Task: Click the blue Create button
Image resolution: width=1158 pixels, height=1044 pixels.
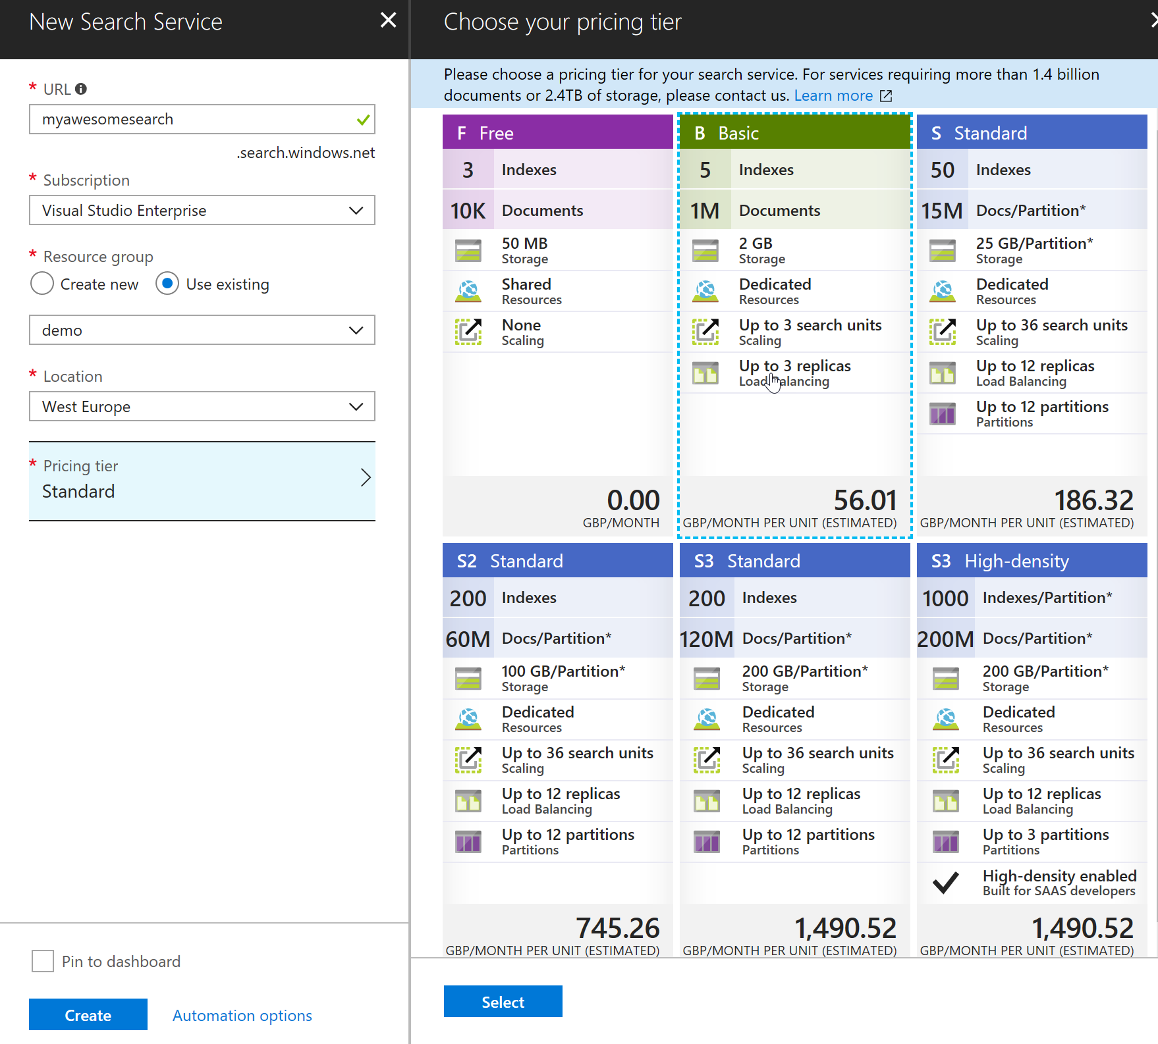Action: click(x=88, y=1014)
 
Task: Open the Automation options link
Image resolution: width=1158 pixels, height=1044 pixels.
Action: click(x=242, y=1015)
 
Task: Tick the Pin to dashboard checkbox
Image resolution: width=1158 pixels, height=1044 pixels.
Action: click(x=43, y=961)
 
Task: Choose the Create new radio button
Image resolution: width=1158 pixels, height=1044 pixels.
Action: click(x=42, y=284)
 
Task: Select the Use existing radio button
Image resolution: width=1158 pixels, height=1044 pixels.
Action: click(x=167, y=284)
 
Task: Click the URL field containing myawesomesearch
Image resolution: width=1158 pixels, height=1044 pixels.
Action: click(x=202, y=119)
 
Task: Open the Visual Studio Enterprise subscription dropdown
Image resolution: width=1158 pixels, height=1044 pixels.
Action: click(x=202, y=210)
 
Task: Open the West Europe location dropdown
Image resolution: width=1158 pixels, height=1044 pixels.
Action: click(x=202, y=406)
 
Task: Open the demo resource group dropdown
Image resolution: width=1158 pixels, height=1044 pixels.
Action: click(x=202, y=330)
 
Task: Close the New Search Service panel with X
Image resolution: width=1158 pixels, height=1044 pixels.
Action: click(x=389, y=20)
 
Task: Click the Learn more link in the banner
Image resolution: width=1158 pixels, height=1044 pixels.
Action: click(x=833, y=95)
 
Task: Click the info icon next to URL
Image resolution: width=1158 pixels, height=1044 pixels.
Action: click(x=81, y=89)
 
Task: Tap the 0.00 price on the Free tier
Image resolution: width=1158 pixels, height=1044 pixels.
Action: click(x=633, y=500)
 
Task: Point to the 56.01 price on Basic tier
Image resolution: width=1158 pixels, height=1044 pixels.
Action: click(x=865, y=500)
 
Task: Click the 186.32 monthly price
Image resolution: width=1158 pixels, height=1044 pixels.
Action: click(x=1093, y=500)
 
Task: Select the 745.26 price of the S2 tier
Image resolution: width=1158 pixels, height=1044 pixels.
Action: click(x=618, y=928)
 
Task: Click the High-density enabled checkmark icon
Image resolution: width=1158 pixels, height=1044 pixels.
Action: click(x=945, y=883)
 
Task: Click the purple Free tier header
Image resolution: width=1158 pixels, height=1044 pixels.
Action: click(x=558, y=132)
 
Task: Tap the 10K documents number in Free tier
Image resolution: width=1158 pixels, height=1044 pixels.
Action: click(x=468, y=211)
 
